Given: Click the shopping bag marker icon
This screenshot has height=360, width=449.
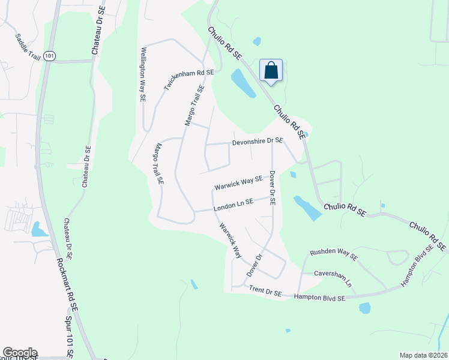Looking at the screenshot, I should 271,70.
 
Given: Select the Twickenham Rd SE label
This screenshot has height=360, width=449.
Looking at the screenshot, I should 189,80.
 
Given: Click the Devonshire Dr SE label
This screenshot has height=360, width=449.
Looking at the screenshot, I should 258,141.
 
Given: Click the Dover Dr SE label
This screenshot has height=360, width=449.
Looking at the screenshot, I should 272,188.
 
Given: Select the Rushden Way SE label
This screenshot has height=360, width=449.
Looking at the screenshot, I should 333,254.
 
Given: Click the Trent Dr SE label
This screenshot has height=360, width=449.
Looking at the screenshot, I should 265,292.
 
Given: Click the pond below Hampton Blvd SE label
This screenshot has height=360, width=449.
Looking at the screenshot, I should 364,308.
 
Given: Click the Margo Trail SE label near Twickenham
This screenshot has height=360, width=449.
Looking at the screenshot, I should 194,105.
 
